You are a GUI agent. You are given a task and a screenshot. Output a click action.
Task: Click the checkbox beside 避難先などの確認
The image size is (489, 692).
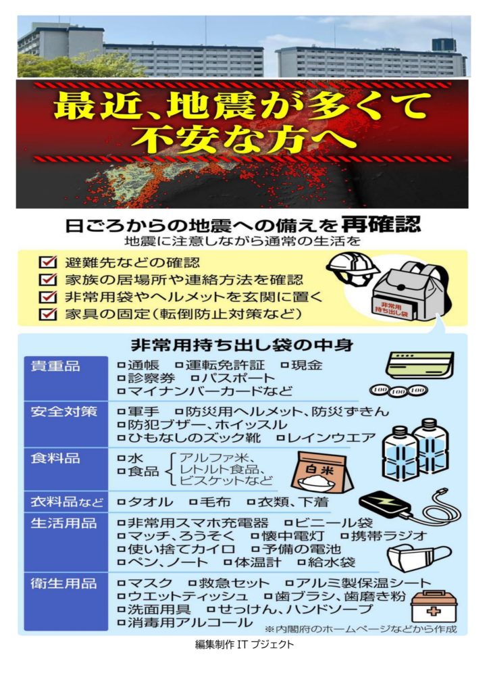48,262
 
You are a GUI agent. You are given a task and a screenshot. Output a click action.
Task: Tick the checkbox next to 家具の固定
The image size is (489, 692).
48,314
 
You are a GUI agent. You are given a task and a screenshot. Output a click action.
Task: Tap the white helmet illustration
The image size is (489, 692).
351,269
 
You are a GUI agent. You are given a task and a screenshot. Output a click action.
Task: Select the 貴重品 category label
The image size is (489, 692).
55,366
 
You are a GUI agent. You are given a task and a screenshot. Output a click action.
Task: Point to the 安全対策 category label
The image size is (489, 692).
63,412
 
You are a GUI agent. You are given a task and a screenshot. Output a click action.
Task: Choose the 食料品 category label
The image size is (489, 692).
55,458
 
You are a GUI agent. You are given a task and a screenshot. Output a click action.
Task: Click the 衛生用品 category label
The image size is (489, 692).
63,583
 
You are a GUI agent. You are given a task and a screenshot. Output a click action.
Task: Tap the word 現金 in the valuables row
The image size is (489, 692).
307,365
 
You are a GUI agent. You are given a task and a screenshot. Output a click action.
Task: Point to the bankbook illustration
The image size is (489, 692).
419,366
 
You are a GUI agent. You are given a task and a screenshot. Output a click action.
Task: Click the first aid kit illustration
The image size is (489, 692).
434,606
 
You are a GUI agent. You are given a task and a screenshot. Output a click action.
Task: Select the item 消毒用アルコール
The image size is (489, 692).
190,622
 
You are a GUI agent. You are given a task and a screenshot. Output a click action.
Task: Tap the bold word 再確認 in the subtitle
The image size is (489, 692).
381,224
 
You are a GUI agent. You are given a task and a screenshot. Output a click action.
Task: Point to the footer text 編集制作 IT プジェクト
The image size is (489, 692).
244,645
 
